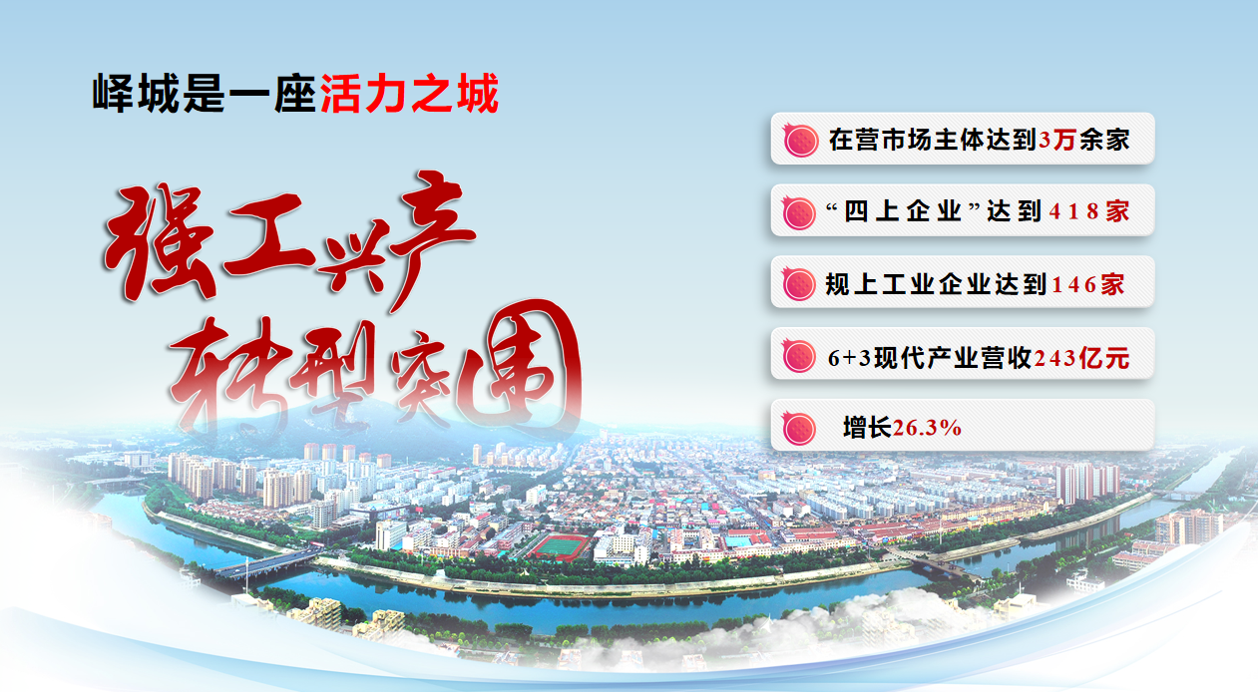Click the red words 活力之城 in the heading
(x=409, y=93)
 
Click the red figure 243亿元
(x=1081, y=358)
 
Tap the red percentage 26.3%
(x=927, y=428)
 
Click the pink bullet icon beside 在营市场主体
(x=800, y=140)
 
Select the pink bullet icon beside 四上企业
(x=799, y=212)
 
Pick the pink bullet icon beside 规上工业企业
(x=799, y=284)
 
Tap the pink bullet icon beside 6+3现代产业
(x=799, y=356)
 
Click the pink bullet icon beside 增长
(x=799, y=428)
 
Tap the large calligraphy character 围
(x=520, y=365)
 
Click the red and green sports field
(x=559, y=546)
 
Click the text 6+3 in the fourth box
(x=849, y=358)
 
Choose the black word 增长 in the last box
(x=867, y=428)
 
